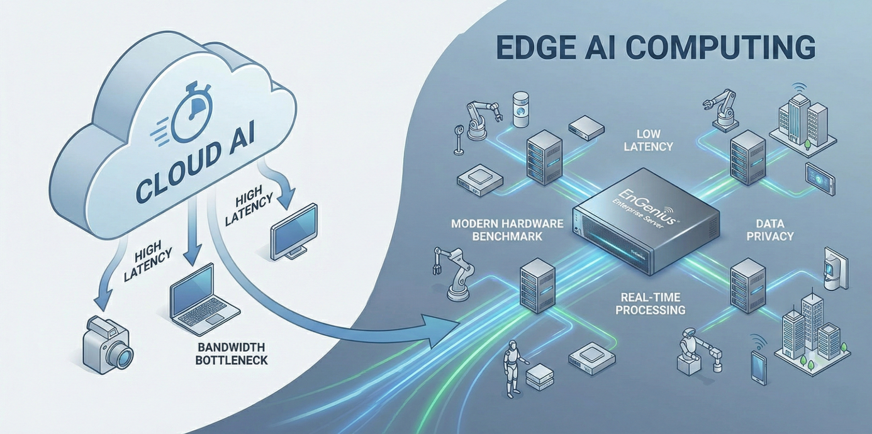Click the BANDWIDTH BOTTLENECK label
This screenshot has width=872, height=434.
pos(232,353)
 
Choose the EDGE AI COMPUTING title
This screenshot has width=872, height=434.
pos(654,48)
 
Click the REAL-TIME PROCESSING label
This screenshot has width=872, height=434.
pos(650,303)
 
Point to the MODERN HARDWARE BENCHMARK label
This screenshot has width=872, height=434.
pos(497,230)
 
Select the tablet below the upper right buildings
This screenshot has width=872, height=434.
pos(820,178)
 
